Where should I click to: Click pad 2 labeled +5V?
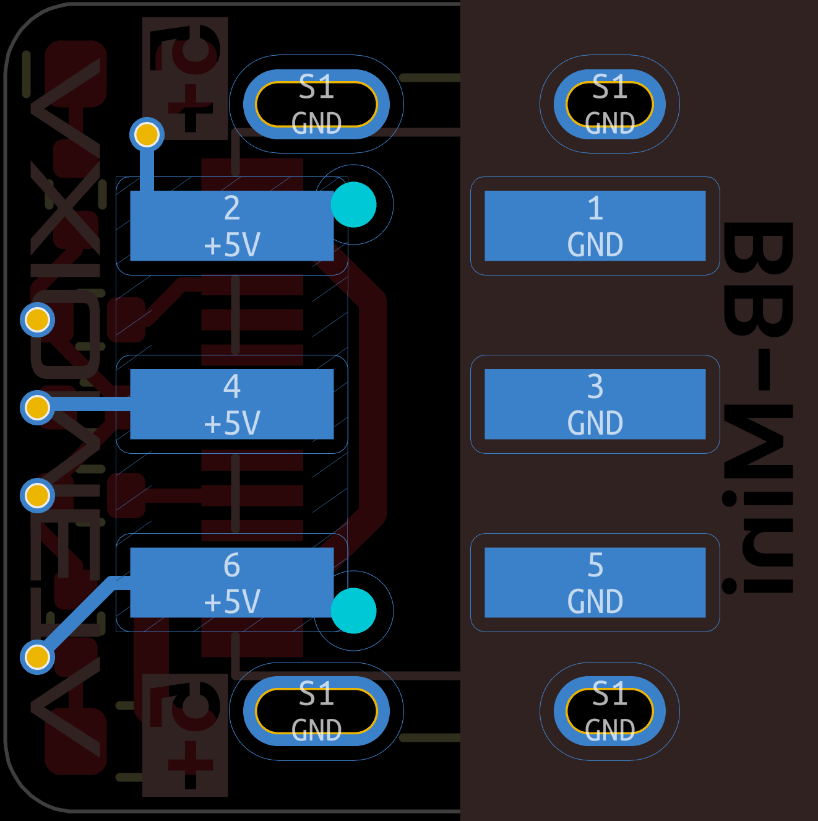coord(231,225)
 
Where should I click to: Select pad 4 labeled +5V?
coord(231,404)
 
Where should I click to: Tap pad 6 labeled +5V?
coord(231,582)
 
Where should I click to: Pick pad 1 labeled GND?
coord(595,225)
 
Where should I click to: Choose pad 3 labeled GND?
coord(595,404)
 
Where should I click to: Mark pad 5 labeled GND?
coord(595,582)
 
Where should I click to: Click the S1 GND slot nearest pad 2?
coord(316,104)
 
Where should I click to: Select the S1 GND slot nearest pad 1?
coord(609,104)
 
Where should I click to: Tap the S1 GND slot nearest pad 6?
coord(316,711)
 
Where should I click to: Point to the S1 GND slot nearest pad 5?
coord(609,711)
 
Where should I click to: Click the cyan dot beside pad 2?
coord(353,204)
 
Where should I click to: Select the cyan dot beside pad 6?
coord(353,610)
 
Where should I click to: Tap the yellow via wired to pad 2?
coord(147,134)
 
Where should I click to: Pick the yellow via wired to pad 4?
coord(37,408)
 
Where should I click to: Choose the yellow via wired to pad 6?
coord(37,657)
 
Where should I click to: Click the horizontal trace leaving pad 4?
coord(87,406)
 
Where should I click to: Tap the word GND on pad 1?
coord(595,245)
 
